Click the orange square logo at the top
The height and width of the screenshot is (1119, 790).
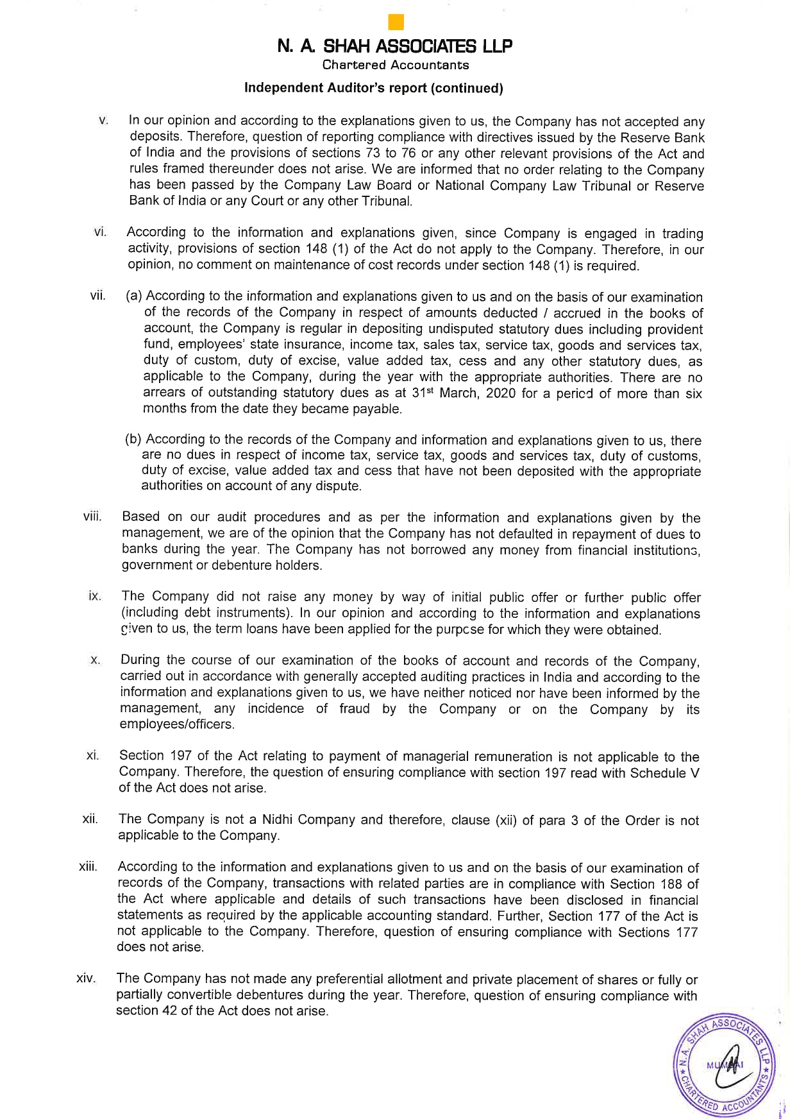click(396, 22)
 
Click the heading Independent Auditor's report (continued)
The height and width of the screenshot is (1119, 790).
click(373, 89)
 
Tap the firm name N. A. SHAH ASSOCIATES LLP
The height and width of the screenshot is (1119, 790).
click(395, 46)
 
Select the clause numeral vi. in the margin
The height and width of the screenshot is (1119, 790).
click(100, 232)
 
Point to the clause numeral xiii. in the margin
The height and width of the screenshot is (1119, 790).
click(88, 867)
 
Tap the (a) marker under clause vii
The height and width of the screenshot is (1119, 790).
click(134, 296)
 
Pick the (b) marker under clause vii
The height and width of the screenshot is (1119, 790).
click(133, 440)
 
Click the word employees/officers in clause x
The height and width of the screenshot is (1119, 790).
click(177, 724)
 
